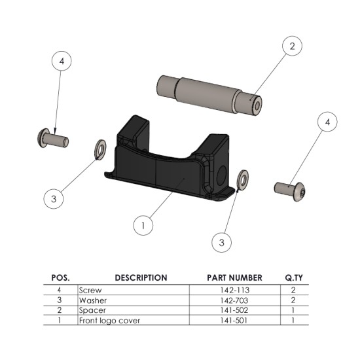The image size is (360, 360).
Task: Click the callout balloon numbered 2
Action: click(x=291, y=46)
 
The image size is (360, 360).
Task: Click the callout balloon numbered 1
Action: click(x=143, y=225)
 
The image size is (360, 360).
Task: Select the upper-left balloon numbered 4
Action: click(x=62, y=61)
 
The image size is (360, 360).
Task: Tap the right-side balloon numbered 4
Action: click(x=327, y=122)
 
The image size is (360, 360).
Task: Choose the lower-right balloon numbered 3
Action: click(x=223, y=242)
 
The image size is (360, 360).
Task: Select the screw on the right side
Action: click(x=290, y=189)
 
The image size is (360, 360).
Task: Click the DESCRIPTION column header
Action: click(x=141, y=278)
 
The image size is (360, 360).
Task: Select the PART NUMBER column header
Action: click(x=234, y=278)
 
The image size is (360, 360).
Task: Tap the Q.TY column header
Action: click(x=293, y=278)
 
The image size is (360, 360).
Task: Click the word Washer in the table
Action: click(x=93, y=300)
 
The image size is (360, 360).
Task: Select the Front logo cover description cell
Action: click(x=109, y=321)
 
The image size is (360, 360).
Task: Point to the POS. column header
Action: click(x=60, y=278)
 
